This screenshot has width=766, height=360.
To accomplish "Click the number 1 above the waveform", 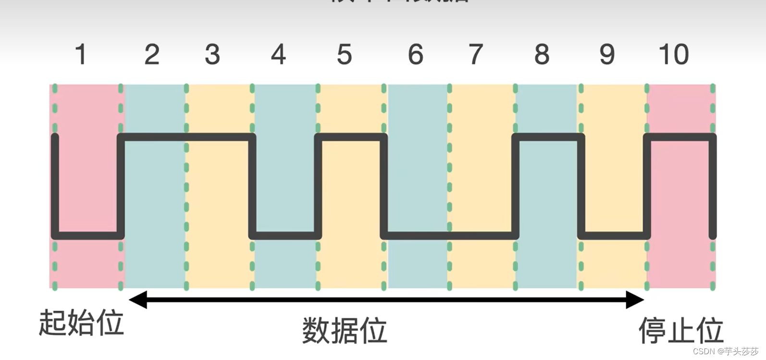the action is pos(81,54).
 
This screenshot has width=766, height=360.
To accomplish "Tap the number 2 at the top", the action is pos(152,54).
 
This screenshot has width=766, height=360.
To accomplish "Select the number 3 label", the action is pos(212,54).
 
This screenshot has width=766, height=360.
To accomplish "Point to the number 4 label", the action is pos(278,54).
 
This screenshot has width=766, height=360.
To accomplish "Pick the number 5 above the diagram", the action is pos(344,54).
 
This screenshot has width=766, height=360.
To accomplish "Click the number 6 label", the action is pos(416,54).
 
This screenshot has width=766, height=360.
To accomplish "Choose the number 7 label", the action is pos(476,54).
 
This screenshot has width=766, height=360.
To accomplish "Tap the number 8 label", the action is pos(542,54).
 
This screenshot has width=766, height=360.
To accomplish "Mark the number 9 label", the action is pos(607,54).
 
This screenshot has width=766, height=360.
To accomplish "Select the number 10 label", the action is pos(674,54).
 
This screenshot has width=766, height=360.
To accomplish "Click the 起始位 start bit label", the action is pos(81,323).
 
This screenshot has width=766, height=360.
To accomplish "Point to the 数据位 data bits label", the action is pos(345,331).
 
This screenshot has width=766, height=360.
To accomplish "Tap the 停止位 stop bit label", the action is pos(681,331).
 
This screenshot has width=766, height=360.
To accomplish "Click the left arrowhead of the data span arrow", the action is pos(137,300).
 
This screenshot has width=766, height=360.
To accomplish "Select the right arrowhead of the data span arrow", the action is pos(635,300).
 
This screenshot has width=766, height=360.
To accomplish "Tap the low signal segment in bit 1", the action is pos(88,235).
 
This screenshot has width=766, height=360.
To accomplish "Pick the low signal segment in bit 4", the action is pos(285,235).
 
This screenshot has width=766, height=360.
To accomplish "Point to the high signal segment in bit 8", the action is pos(548,137).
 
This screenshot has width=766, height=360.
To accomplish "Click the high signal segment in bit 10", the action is pos(680,137).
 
